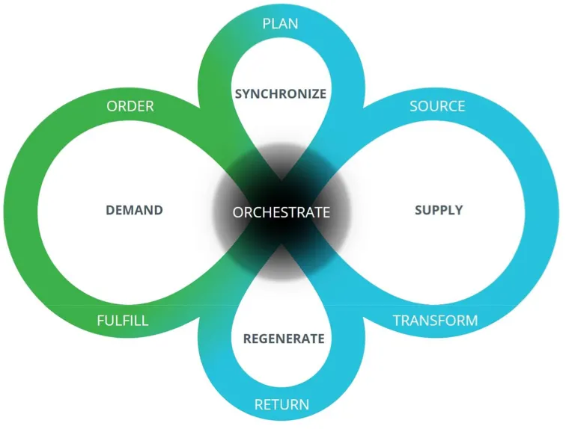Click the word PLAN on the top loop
(281, 24)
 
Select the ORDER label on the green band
(130, 106)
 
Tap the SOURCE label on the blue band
(437, 106)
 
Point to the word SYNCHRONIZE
(281, 94)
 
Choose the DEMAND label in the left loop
(134, 210)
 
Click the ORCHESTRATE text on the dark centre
(281, 212)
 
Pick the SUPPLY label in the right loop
(439, 210)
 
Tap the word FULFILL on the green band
(123, 321)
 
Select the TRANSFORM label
(435, 321)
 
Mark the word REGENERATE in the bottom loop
(284, 339)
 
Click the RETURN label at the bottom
(282, 405)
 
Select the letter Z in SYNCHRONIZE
(313, 94)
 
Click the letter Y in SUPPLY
(459, 210)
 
